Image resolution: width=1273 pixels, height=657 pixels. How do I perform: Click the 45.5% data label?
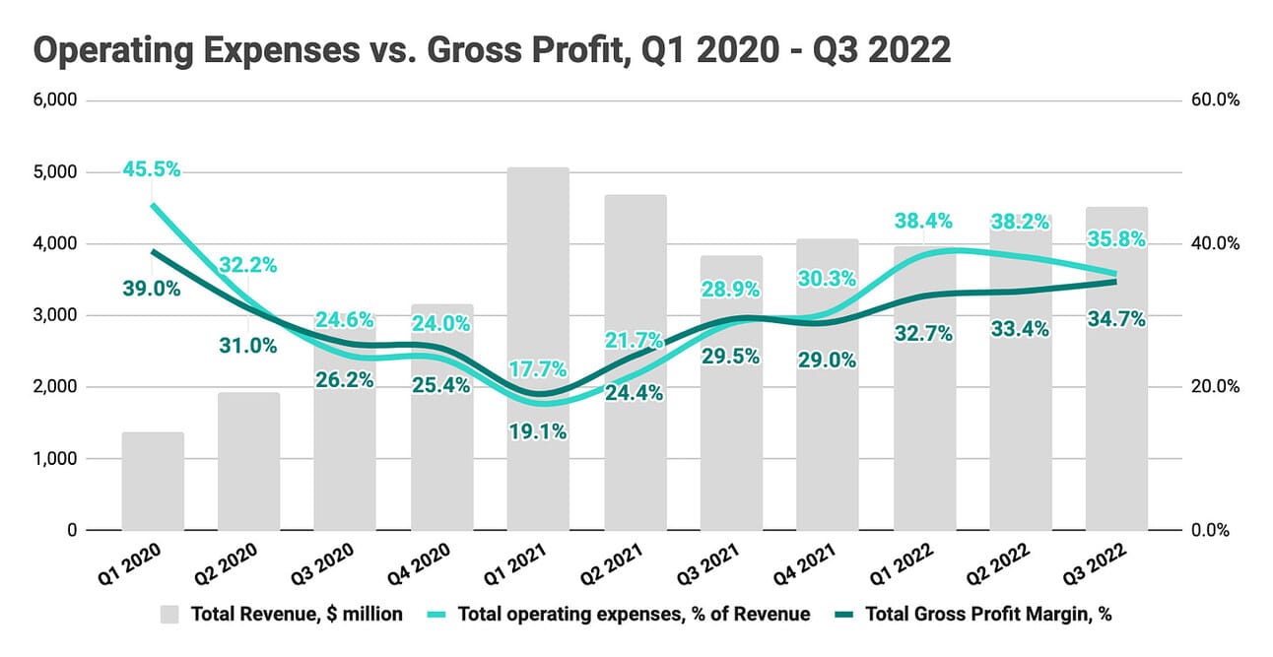point(152,169)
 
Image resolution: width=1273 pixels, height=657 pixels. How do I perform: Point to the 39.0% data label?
point(152,289)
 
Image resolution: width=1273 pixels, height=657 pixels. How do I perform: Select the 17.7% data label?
point(538,369)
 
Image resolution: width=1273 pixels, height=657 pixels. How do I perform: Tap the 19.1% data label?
point(538,431)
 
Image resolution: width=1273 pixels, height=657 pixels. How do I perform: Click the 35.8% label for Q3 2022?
point(1116,237)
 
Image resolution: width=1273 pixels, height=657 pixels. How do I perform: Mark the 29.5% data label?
point(731,357)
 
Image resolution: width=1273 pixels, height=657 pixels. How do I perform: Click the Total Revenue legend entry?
point(282,614)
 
